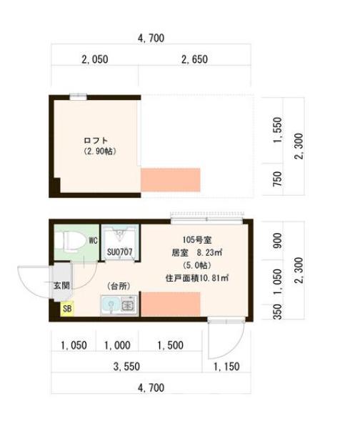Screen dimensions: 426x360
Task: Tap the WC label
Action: click(92, 240)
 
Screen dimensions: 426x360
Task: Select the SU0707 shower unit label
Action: click(119, 252)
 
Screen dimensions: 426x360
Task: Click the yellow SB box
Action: click(67, 309)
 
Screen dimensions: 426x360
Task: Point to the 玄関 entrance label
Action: click(60, 285)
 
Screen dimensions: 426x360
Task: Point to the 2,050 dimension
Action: click(94, 60)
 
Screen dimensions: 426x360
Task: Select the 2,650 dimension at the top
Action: click(194, 60)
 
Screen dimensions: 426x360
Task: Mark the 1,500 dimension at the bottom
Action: click(171, 345)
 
